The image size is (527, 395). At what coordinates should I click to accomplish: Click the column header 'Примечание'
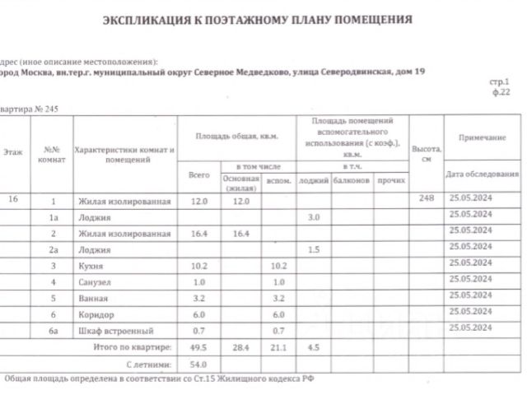pyautogui.click(x=476, y=137)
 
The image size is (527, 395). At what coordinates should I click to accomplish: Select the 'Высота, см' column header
pyautogui.click(x=427, y=155)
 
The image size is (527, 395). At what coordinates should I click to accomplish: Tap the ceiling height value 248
pyautogui.click(x=425, y=200)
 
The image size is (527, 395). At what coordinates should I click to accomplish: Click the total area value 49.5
pyautogui.click(x=198, y=347)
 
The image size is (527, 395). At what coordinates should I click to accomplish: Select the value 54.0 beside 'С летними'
pyautogui.click(x=198, y=363)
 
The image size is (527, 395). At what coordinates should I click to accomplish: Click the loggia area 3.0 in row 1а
pyautogui.click(x=313, y=216)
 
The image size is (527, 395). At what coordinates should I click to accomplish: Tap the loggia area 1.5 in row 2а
pyautogui.click(x=313, y=249)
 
